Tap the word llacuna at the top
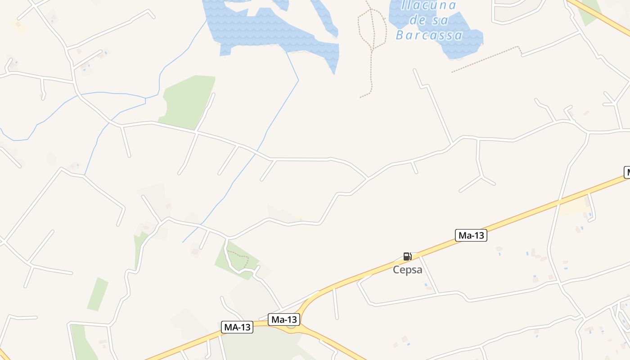coord(428,5)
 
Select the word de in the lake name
coord(418,21)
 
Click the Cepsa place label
coord(407,270)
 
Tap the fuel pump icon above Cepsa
coord(407,257)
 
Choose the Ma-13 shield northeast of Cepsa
coord(471,235)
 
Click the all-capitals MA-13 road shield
coord(237,328)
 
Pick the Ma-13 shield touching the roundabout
coord(284,319)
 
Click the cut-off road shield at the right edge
coord(626,172)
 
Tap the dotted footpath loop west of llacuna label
coord(372,29)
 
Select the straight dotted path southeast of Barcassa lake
coord(486,59)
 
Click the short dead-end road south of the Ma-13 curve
coord(335,304)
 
